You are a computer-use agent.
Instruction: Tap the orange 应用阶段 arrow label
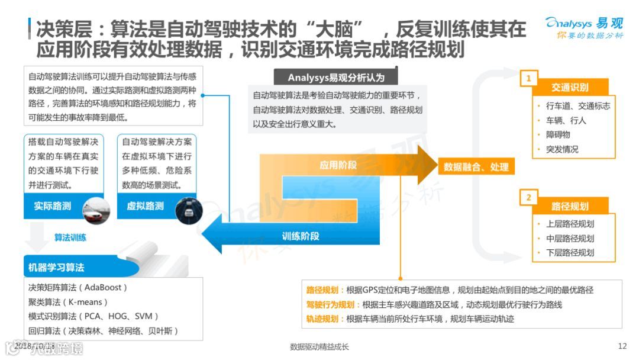[x=338, y=165]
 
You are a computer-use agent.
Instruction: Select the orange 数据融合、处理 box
[x=476, y=167]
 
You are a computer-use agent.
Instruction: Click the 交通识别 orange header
[x=570, y=88]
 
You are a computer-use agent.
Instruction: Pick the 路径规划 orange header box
[x=570, y=206]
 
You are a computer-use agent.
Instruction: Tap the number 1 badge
[x=528, y=78]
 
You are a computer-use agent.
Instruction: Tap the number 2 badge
[x=528, y=197]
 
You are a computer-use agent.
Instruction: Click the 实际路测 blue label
[x=53, y=206]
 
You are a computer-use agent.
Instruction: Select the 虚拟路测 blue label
[x=146, y=206]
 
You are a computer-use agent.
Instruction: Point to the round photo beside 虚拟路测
[x=189, y=209]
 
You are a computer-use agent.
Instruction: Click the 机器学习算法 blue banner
[x=57, y=267]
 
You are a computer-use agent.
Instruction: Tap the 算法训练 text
[x=70, y=237]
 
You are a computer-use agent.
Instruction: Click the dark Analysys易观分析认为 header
[x=336, y=78]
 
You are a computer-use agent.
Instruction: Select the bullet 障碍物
[x=558, y=135]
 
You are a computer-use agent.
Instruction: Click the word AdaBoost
[x=103, y=288]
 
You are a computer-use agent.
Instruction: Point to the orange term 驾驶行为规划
[x=330, y=305]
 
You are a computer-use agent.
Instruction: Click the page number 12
[x=622, y=346]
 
